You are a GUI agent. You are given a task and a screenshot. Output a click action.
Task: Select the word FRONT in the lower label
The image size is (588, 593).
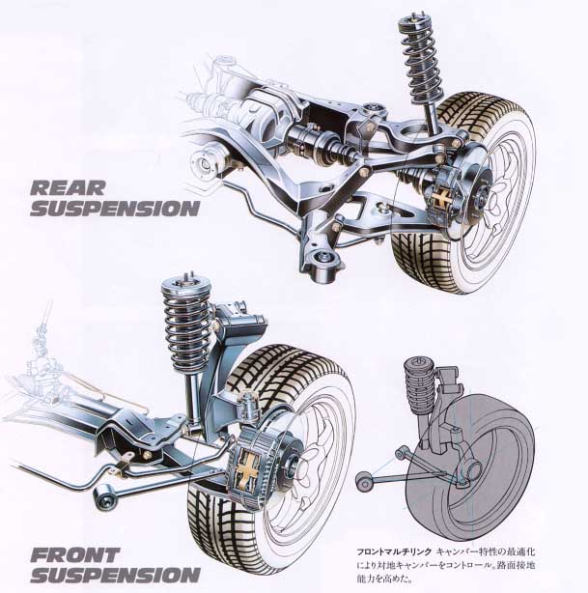[76, 556]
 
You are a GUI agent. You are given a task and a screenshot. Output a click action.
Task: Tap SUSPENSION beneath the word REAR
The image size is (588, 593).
[114, 207]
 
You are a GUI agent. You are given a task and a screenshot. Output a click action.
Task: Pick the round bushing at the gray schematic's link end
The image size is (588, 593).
[364, 481]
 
